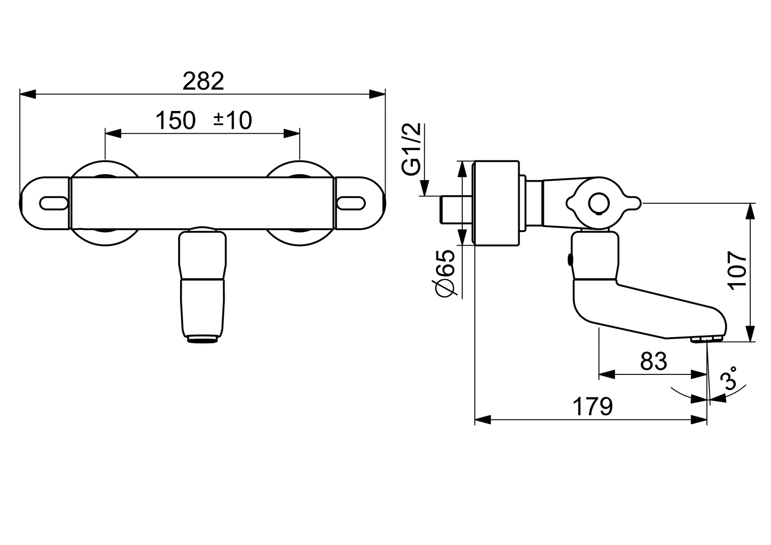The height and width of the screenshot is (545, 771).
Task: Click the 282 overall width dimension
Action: pyautogui.click(x=203, y=81)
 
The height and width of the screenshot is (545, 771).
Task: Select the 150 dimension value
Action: pyautogui.click(x=175, y=121)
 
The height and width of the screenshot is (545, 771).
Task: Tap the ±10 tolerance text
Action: pyautogui.click(x=232, y=121)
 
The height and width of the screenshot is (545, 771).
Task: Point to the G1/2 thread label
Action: pyautogui.click(x=412, y=150)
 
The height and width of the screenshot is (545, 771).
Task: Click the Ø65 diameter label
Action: pyautogui.click(x=446, y=273)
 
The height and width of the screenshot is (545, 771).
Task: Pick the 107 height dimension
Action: pyautogui.click(x=738, y=270)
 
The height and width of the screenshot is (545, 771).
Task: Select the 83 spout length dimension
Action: pyautogui.click(x=653, y=361)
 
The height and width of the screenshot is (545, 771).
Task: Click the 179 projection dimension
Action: pyautogui.click(x=592, y=406)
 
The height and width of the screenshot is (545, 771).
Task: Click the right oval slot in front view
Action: pyautogui.click(x=350, y=203)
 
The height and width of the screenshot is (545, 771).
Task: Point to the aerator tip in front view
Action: pyautogui.click(x=203, y=340)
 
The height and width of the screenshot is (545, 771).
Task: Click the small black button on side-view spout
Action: pyautogui.click(x=570, y=260)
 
